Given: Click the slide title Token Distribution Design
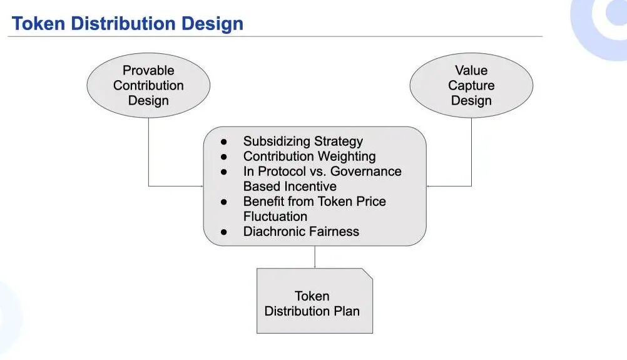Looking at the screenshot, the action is pos(127,23).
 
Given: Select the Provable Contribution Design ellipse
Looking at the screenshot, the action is pos(148,86).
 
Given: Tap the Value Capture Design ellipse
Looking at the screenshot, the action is pos(471,86).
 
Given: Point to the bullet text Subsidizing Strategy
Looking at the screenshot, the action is pos(303,141).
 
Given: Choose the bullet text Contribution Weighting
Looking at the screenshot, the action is pos(309,157).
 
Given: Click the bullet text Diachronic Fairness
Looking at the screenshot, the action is pos(301,232).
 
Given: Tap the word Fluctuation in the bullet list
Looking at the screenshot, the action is pos(275,217).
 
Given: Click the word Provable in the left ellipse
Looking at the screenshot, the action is pos(148,71).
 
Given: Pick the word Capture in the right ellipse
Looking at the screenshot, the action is pos(471,86).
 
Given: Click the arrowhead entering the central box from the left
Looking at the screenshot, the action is pos(201,186).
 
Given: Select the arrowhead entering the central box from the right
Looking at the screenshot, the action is pos(429,186).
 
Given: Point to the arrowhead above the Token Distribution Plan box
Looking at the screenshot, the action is pos(315,266).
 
